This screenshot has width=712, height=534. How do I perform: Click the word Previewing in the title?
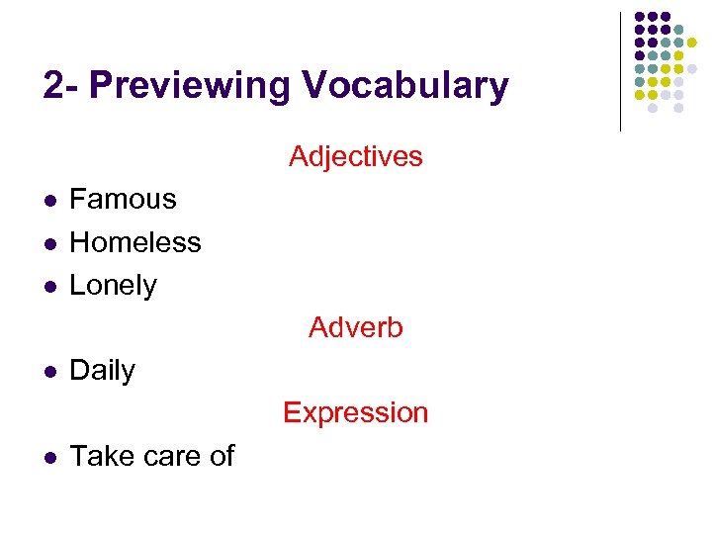coord(192,87)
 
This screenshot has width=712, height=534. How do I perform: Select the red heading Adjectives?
coord(356,156)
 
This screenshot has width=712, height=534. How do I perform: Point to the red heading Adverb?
coord(356,327)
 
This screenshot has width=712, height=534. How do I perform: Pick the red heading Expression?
coord(356,412)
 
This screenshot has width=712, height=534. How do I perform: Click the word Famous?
coord(123,200)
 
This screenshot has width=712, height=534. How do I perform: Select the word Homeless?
coord(135,242)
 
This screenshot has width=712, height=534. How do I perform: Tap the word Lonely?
coord(114,286)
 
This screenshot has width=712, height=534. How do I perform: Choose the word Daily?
coord(103,371)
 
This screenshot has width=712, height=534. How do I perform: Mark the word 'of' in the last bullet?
coord(222,456)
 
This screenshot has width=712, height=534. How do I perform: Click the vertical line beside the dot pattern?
coord(620,71)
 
